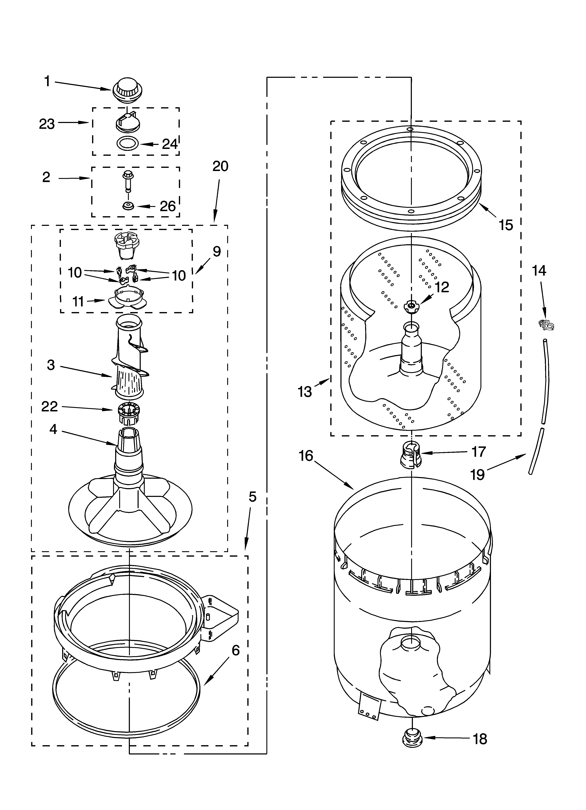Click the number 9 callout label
[217, 252]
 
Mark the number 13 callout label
[305, 392]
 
